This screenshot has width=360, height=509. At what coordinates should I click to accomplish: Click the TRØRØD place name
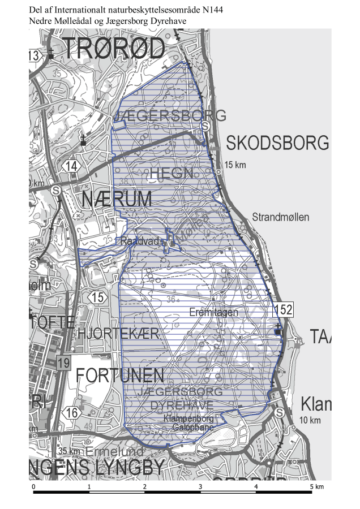click(114, 49)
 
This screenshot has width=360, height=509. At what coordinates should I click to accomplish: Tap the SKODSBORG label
click(277, 143)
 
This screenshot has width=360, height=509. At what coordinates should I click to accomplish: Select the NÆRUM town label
click(117, 199)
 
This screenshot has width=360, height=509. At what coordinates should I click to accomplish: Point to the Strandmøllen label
click(281, 217)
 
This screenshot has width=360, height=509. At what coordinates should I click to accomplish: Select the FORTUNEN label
click(120, 375)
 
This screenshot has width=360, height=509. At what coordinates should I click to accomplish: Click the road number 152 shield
click(284, 309)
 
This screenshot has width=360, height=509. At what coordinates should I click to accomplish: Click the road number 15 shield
click(98, 297)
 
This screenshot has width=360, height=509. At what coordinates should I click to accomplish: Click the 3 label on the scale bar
click(200, 486)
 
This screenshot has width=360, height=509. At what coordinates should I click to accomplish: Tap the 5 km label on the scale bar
click(316, 486)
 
